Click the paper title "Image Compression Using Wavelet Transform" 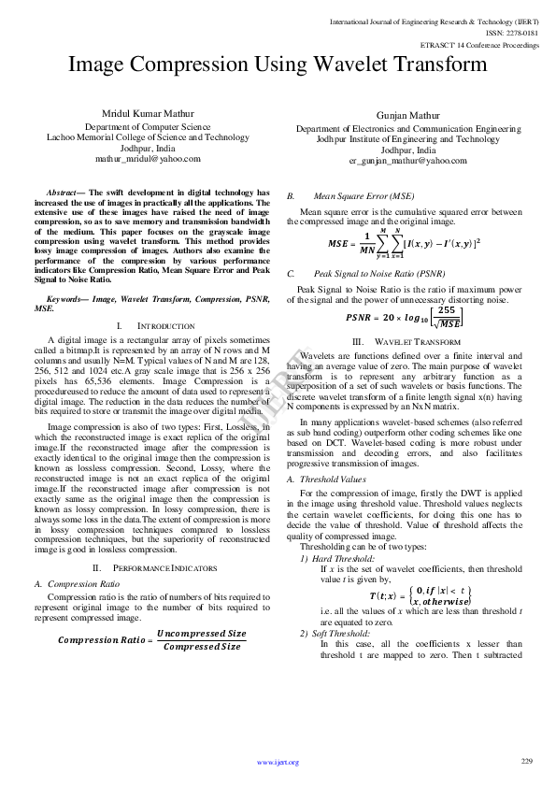pos(278,64)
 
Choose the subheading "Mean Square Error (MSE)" pos(364,197)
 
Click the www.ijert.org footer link pos(278,762)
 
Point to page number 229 pos(526,761)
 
